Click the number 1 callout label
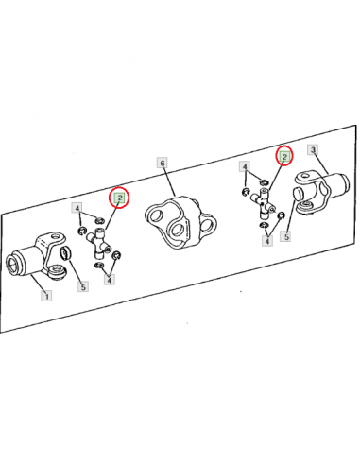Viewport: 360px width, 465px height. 46,296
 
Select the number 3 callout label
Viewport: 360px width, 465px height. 313,149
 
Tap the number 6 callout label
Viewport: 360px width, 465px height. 163,163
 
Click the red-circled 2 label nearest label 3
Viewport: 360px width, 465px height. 284,156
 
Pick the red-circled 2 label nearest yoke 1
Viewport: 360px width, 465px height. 120,198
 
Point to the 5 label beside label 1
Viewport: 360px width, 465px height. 83,286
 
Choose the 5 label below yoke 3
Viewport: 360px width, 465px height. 286,236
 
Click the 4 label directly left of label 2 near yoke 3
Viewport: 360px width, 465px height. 245,166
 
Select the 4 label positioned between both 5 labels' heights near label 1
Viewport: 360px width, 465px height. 110,280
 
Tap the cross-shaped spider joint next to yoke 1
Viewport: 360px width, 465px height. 98,242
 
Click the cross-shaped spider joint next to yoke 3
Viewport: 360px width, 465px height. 264,203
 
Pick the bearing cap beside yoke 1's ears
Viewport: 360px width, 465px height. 65,253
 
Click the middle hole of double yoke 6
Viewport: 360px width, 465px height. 177,230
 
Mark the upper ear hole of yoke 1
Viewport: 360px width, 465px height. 57,236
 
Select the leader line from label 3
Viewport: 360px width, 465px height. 321,164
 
